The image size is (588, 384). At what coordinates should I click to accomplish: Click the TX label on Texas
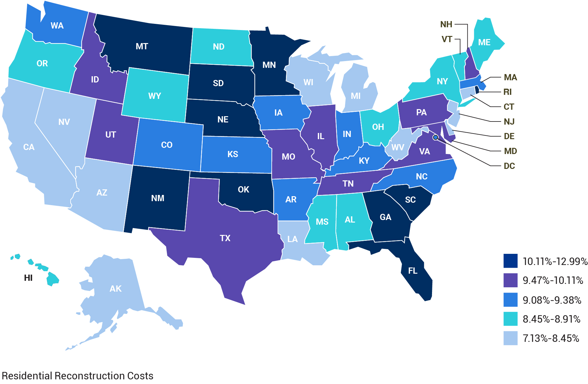click(225, 238)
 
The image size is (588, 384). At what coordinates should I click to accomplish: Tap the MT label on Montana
click(142, 46)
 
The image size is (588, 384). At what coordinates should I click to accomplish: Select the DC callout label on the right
click(509, 166)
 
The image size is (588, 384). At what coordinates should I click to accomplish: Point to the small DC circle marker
click(435, 137)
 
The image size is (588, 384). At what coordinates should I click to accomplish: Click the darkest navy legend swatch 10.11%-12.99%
click(510, 261)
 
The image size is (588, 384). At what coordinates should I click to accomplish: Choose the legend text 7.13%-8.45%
click(551, 338)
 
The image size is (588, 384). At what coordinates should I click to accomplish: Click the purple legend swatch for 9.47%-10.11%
click(510, 280)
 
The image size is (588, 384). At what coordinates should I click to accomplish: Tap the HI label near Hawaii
click(28, 278)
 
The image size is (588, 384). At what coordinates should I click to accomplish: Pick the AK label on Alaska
click(115, 289)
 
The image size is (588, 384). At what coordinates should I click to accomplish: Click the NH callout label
click(446, 24)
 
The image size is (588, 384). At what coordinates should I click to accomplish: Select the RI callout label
click(507, 92)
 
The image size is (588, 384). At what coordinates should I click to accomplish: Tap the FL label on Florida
click(413, 271)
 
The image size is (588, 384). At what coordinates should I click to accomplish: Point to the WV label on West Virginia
click(398, 147)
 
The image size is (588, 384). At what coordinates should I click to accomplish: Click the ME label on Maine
click(484, 42)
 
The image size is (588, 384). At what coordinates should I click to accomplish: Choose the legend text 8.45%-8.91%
click(551, 319)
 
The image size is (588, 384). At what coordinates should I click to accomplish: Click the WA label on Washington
click(57, 25)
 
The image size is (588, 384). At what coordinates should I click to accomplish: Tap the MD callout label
click(510, 151)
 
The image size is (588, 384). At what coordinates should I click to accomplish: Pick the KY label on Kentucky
click(364, 161)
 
